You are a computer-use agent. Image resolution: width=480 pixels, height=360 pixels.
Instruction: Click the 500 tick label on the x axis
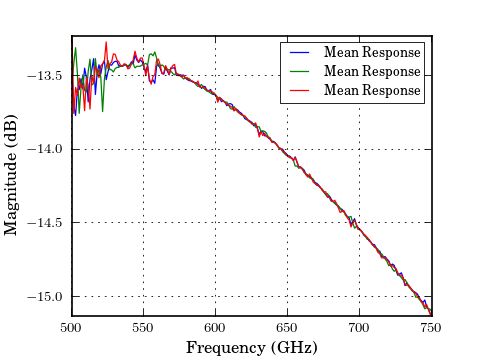point(71,327)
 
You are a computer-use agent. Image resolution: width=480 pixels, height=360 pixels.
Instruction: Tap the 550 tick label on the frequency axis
point(143,327)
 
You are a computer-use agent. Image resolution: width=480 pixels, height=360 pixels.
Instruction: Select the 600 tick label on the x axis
point(215,327)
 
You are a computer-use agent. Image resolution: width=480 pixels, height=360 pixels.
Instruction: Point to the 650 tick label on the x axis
point(287,327)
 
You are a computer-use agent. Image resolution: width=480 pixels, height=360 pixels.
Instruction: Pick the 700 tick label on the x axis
point(359,327)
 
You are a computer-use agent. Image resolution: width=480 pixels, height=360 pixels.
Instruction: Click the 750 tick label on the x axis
point(431,327)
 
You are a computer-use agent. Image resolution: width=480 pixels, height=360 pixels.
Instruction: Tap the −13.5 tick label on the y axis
point(45,75)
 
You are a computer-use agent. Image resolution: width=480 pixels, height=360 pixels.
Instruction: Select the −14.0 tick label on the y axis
point(45,149)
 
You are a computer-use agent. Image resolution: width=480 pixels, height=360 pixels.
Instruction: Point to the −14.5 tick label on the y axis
point(45,223)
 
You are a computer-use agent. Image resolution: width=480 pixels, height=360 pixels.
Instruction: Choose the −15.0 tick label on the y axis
point(45,297)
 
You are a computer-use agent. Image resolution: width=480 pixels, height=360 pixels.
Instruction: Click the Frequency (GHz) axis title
point(251,347)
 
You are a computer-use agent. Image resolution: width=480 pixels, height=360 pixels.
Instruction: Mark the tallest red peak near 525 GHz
point(106,42)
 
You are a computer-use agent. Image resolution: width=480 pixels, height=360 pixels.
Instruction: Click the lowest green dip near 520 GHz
point(102,110)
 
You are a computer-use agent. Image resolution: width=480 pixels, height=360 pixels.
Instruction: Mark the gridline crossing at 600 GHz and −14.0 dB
point(215,149)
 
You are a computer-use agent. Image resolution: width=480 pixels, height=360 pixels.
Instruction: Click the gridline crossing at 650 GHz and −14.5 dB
point(287,223)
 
